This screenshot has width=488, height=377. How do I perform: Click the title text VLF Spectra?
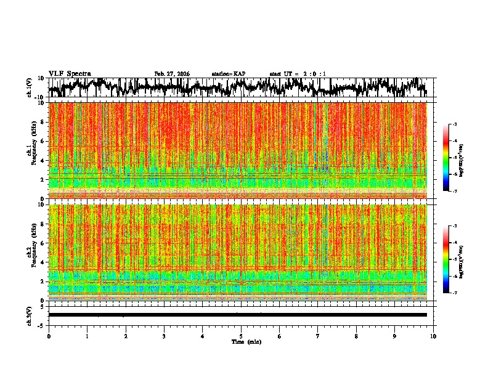[70, 73]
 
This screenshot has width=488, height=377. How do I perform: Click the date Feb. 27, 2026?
[172, 74]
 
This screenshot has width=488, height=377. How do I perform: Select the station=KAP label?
[228, 74]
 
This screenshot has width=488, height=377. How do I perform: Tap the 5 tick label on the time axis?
[241, 336]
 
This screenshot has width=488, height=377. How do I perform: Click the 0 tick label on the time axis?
[49, 336]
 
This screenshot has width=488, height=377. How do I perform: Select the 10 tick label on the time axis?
[433, 336]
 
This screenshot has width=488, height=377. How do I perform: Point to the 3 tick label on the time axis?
[164, 336]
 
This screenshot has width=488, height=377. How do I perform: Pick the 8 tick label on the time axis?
[356, 336]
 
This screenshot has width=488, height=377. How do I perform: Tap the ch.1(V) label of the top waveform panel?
[30, 88]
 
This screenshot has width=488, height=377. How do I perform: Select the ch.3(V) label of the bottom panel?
[30, 315]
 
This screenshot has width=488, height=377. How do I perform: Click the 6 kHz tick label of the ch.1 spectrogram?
[43, 141]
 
